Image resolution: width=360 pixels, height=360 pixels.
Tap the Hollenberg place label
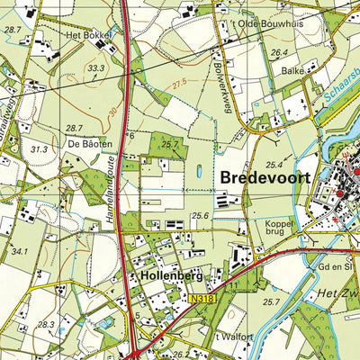click(168, 277)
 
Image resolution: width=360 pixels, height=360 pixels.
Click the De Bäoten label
click(88, 143)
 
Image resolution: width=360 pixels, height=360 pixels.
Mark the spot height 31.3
click(38, 149)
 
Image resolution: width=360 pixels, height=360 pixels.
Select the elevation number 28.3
click(46, 323)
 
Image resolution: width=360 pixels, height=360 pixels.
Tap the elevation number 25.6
click(200, 216)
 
